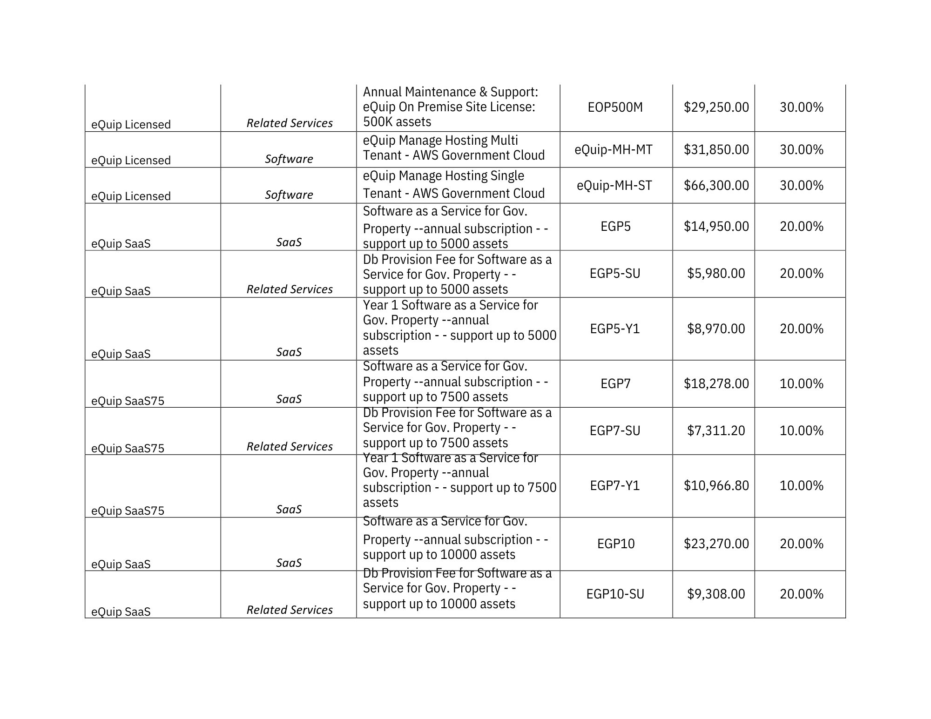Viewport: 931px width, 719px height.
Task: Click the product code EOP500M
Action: (615, 108)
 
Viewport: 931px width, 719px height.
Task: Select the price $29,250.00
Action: (716, 108)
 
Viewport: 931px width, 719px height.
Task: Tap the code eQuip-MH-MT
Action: (614, 150)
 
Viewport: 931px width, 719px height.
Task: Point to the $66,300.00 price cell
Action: (716, 186)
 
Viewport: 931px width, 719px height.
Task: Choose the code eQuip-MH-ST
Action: (614, 186)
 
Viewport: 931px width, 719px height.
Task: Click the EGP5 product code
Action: (615, 227)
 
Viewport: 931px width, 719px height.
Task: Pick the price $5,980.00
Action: (716, 274)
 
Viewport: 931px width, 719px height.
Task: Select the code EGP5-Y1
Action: (615, 329)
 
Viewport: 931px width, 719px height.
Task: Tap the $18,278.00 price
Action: (716, 384)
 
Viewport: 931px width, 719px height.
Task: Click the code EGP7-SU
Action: (615, 431)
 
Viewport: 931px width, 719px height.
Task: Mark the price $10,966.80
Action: (716, 486)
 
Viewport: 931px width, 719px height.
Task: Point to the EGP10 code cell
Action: (615, 544)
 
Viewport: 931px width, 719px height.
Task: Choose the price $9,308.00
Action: (716, 594)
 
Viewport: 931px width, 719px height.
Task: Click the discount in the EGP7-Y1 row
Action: (801, 486)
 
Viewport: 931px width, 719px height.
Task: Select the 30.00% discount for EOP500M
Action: (801, 108)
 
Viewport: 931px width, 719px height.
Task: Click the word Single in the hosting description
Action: (505, 176)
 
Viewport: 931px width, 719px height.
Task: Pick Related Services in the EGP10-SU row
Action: (290, 610)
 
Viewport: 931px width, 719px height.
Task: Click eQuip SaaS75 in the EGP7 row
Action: (128, 401)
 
